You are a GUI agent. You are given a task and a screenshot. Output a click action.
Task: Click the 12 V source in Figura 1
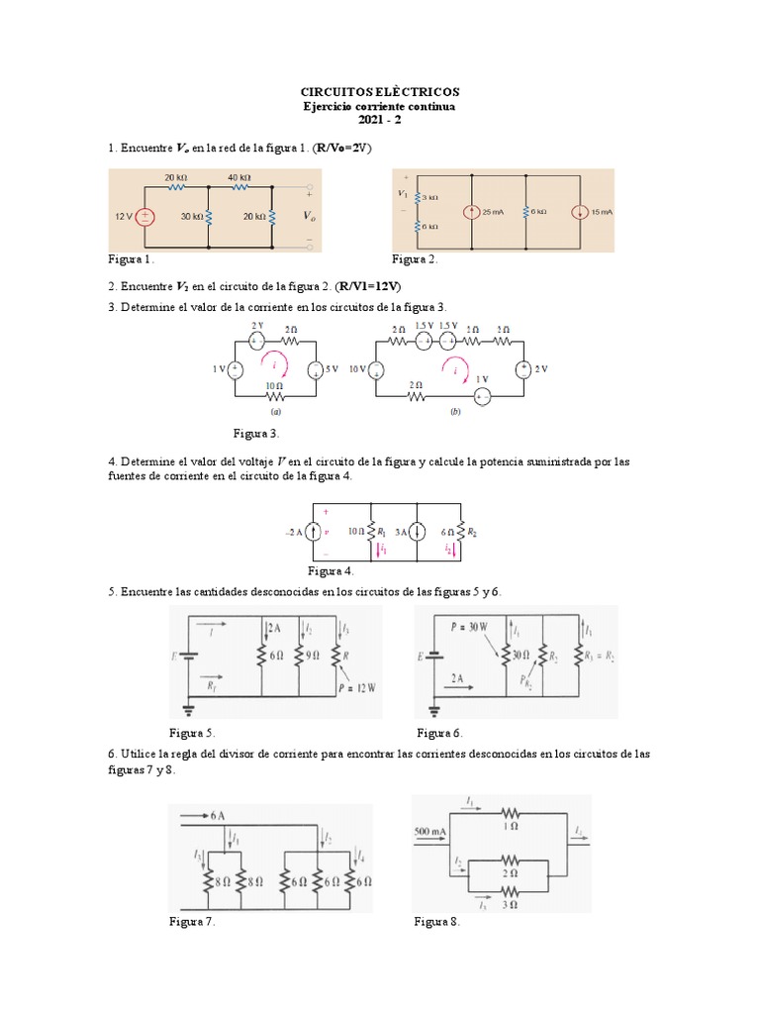pyautogui.click(x=144, y=216)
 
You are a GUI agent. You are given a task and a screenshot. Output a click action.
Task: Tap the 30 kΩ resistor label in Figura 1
pyautogui.click(x=192, y=216)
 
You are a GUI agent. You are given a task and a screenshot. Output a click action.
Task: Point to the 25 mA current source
pyautogui.click(x=469, y=211)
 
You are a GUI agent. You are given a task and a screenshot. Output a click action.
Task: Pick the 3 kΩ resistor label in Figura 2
pyautogui.click(x=428, y=198)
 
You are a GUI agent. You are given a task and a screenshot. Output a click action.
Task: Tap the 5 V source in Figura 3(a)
pyautogui.click(x=314, y=369)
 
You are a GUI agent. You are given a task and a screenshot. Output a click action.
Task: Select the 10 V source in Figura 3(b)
pyautogui.click(x=376, y=369)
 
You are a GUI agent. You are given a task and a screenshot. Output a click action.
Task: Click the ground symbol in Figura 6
pyautogui.click(x=433, y=708)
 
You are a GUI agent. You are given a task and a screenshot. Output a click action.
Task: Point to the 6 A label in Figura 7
pyautogui.click(x=219, y=816)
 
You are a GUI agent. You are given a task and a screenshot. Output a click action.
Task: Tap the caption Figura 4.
pyautogui.click(x=331, y=571)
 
